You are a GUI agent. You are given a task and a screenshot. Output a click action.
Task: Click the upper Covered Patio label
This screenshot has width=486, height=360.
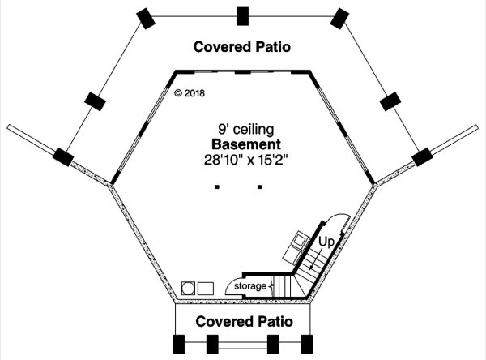tap(242, 47)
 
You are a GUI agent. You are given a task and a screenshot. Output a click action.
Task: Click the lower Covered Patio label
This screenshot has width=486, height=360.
tap(245, 322)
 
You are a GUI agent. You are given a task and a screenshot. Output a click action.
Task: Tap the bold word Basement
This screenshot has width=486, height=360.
tap(246, 144)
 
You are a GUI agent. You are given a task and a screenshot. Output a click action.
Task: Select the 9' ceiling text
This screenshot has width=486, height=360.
tap(245, 129)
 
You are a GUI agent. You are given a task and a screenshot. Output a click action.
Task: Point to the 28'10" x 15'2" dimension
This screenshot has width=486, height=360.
tap(246, 161)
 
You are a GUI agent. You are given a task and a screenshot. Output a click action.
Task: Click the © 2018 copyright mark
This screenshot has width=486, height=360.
tap(190, 93)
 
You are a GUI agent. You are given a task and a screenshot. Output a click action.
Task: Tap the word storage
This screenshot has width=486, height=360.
tap(250, 286)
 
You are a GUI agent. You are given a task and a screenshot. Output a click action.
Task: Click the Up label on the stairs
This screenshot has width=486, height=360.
tap(326, 242)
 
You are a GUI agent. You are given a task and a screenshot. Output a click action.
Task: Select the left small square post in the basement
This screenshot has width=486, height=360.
tap(217, 186)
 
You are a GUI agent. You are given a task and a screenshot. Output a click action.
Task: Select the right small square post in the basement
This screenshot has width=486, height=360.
tap(260, 186)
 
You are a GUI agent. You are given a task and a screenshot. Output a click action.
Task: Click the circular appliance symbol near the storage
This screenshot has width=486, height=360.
tap(188, 289)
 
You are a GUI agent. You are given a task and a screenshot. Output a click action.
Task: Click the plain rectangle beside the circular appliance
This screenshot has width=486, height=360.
tap(206, 289)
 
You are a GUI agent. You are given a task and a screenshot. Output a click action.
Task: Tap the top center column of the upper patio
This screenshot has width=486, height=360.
tap(242, 16)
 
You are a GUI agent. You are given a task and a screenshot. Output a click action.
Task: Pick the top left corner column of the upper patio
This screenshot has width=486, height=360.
tap(146, 19)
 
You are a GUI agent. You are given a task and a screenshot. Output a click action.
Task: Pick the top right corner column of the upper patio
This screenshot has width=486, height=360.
tap(339, 19)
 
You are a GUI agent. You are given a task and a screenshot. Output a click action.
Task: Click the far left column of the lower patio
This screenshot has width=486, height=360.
tap(178, 344)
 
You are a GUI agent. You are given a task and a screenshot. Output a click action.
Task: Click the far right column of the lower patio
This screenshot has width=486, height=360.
tap(306, 344)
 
